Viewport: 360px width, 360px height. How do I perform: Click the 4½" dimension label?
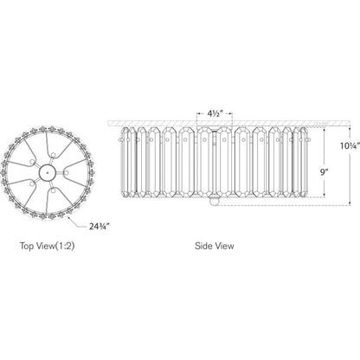tap(215, 113)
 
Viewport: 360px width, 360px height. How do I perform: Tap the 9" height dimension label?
tap(325, 172)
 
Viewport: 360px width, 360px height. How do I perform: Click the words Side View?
tap(215, 246)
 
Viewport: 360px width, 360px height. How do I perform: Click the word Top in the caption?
tap(27, 246)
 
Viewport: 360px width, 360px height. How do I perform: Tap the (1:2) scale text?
tap(65, 246)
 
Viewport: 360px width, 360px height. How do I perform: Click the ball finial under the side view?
tap(214, 202)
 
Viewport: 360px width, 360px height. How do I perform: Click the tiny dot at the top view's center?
tap(48, 172)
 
